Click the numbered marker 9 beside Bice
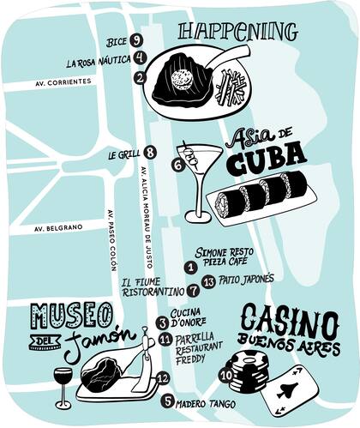[x=137, y=40]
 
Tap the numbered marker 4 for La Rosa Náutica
[x=140, y=58]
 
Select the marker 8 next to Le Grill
[x=151, y=153]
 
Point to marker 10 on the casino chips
[x=225, y=374]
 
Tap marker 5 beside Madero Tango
[x=168, y=401]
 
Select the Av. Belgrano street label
[x=58, y=229]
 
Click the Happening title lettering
[x=237, y=33]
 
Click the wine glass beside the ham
[x=63, y=383]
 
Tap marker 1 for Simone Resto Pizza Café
[x=191, y=268]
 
